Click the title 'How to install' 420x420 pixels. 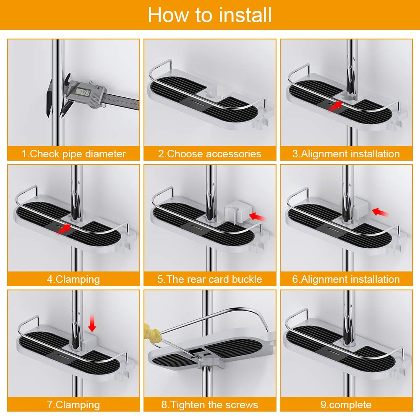[210, 15]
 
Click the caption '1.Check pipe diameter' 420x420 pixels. [74, 154]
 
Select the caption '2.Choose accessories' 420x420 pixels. [210, 154]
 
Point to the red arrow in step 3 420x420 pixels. [335, 106]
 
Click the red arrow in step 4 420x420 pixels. [64, 229]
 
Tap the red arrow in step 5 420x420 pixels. [257, 217]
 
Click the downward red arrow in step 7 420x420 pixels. [92, 323]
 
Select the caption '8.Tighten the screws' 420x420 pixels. [210, 404]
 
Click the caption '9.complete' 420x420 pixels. [346, 404]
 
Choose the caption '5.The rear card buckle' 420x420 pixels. [210, 279]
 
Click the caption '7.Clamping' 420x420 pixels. [74, 404]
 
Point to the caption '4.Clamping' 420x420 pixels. [74, 279]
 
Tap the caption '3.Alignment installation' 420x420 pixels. [346, 154]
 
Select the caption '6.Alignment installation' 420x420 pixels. [346, 279]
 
